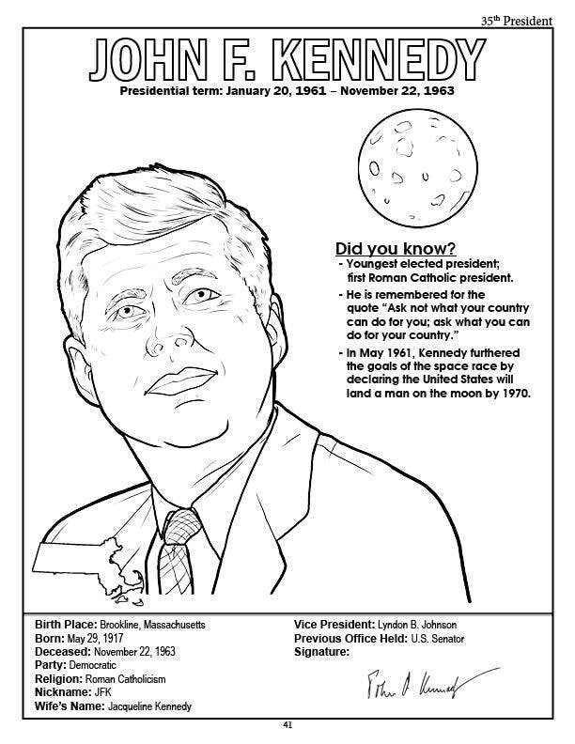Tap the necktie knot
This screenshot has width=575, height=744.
(181, 521)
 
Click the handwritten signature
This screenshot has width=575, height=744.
(412, 685)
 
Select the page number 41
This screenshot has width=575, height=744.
(287, 725)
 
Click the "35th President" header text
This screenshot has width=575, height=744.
(516, 20)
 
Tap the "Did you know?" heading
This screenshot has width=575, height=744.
(396, 249)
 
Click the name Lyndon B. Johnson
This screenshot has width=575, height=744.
(420, 624)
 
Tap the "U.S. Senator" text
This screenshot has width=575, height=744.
(438, 638)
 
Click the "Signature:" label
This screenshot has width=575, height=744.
(322, 651)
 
